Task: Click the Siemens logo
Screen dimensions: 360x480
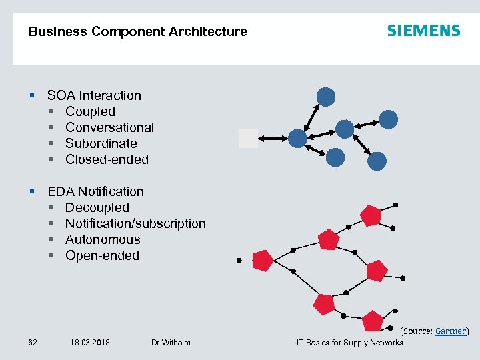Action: click(x=423, y=31)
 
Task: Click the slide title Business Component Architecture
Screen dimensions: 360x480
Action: click(x=137, y=31)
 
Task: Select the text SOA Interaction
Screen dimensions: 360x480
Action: click(x=94, y=95)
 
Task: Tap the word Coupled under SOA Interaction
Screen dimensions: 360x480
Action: click(x=90, y=111)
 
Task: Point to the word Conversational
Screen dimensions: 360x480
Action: click(x=109, y=127)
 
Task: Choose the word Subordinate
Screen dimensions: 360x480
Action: click(x=101, y=143)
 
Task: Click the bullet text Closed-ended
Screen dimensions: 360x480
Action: click(x=107, y=159)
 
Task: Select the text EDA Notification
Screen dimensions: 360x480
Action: click(x=95, y=191)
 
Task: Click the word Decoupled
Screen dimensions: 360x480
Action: click(x=97, y=207)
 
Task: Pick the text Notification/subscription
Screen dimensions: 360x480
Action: click(x=135, y=223)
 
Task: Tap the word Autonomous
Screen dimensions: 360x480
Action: click(x=103, y=239)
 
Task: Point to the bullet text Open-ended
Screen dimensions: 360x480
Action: click(x=102, y=255)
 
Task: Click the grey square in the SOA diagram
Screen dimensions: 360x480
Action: click(x=248, y=137)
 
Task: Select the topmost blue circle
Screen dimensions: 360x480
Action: click(x=325, y=97)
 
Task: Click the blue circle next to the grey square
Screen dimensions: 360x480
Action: click(x=297, y=138)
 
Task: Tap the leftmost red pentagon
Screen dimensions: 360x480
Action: click(x=263, y=261)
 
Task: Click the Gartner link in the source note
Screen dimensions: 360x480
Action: click(x=451, y=331)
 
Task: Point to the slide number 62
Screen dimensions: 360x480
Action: click(x=33, y=343)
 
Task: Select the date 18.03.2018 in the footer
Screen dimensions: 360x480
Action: click(x=90, y=343)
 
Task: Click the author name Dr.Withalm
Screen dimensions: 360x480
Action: click(x=171, y=343)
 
